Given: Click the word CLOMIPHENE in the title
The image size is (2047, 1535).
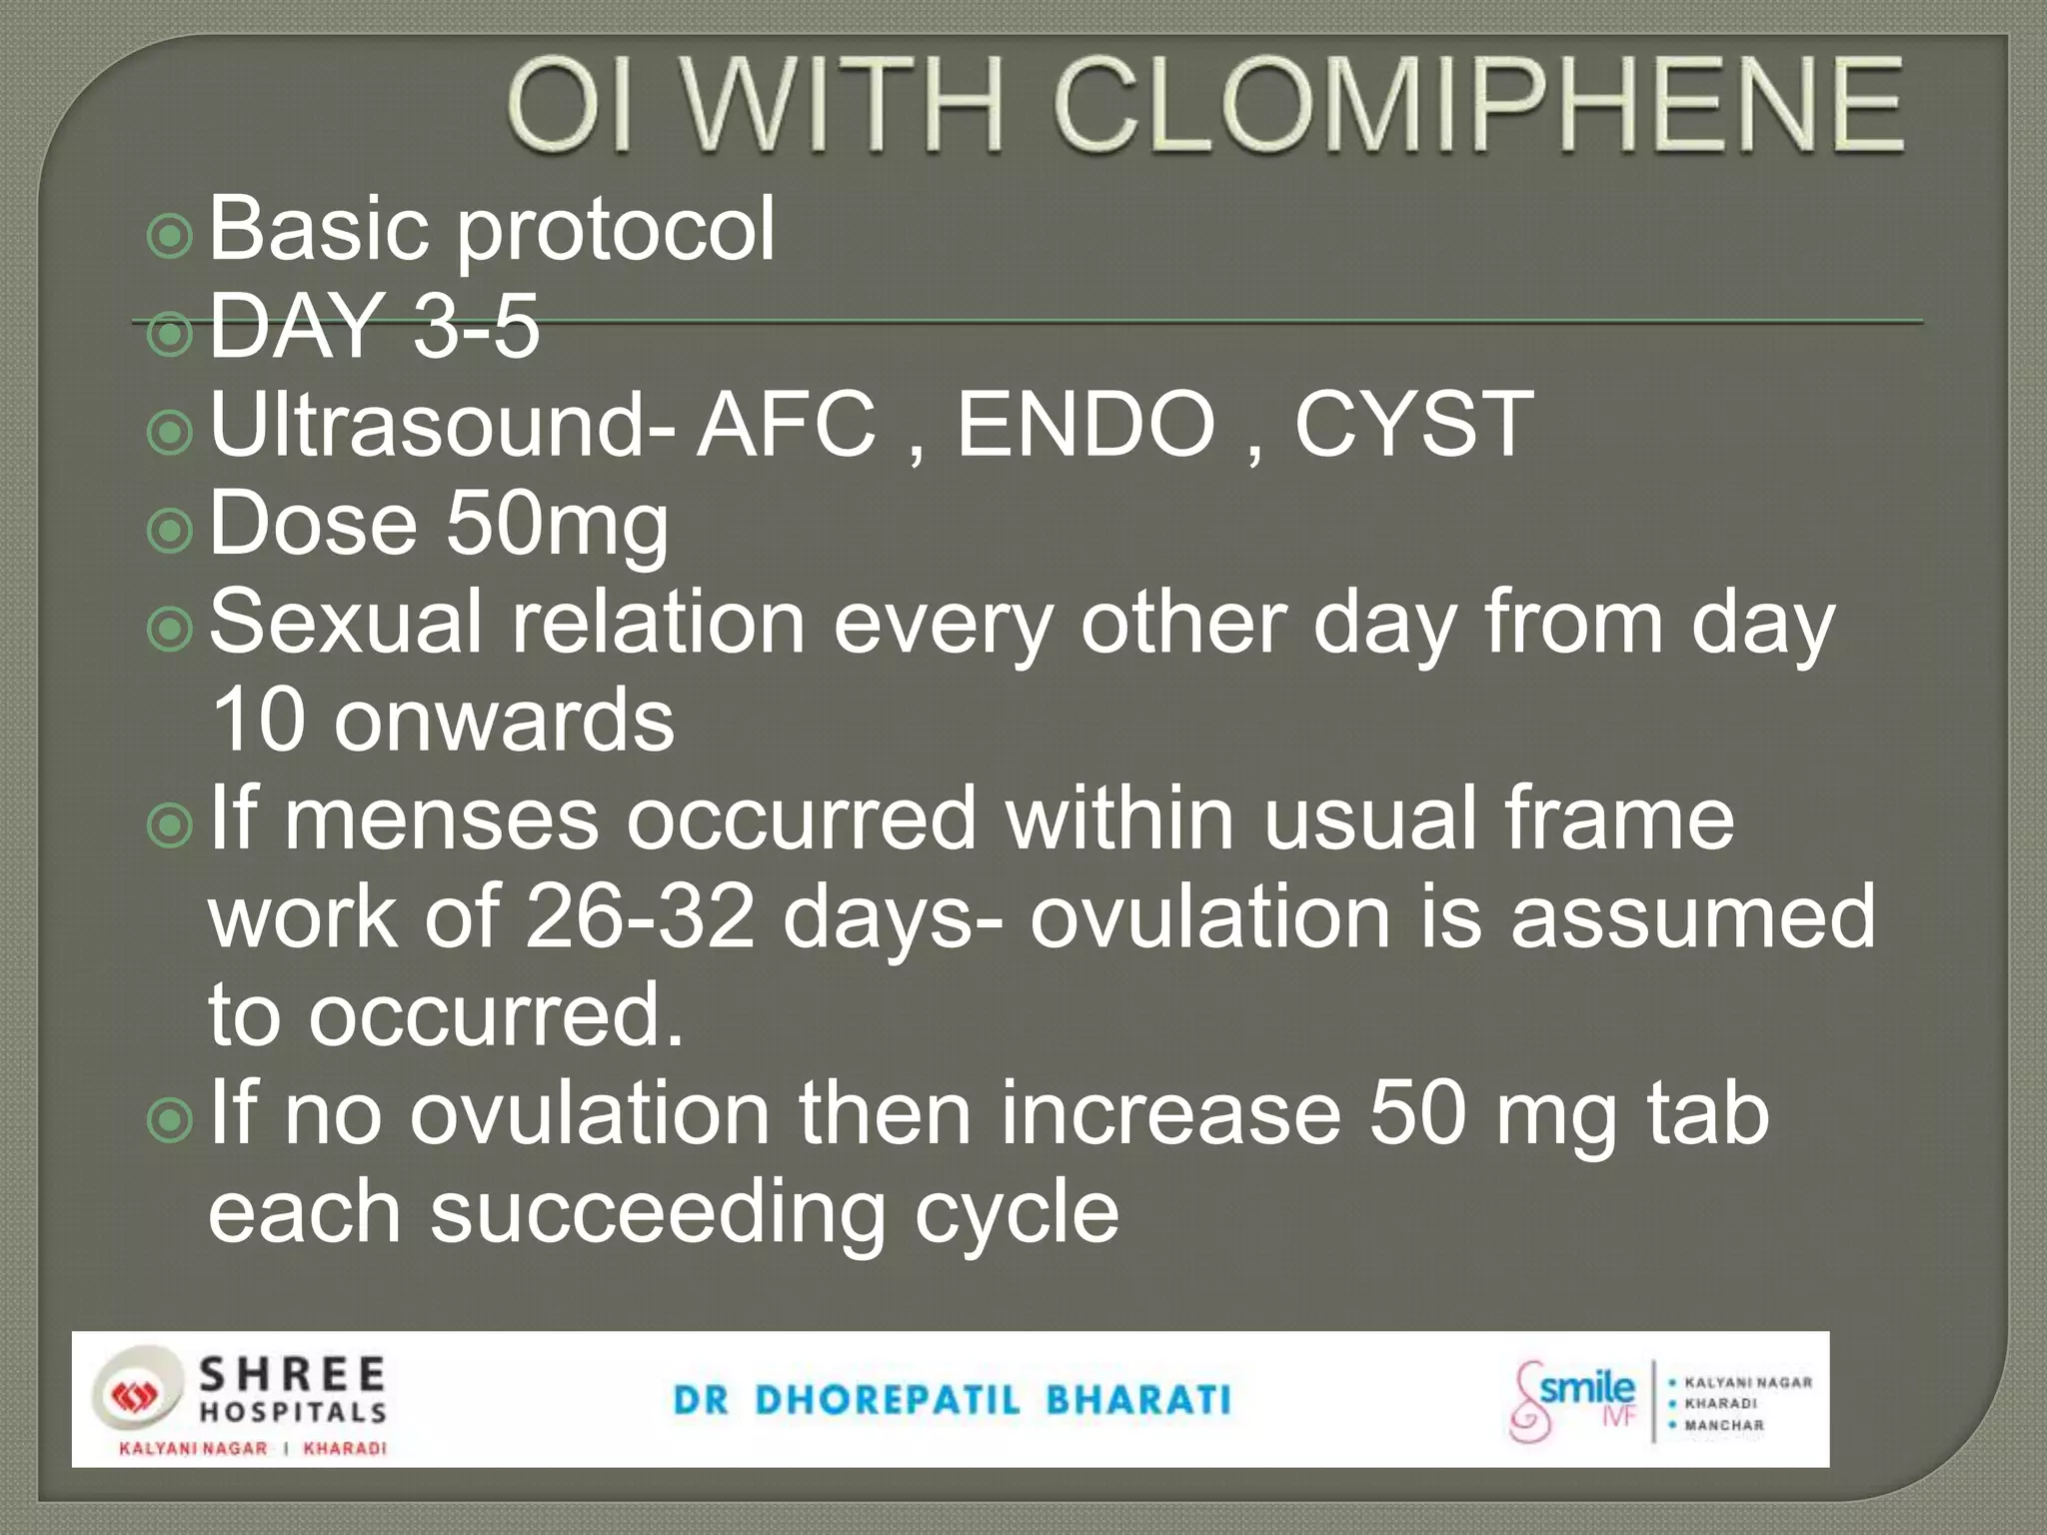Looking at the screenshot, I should point(1477,106).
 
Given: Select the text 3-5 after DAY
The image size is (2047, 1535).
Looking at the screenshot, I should point(476,327).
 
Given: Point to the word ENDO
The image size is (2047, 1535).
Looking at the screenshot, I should point(1085,425).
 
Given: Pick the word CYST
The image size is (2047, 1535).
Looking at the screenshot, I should point(1413,425).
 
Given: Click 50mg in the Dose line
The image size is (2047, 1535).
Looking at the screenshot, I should point(557,525).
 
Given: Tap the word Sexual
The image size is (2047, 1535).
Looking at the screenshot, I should point(346,622).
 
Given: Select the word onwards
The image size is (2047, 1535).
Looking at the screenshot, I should point(504,720).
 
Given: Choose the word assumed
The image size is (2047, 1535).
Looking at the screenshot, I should point(1692,916).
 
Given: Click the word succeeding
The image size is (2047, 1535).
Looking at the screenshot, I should point(658,1212).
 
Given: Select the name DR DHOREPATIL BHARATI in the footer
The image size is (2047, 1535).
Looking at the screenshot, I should point(953,1400).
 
